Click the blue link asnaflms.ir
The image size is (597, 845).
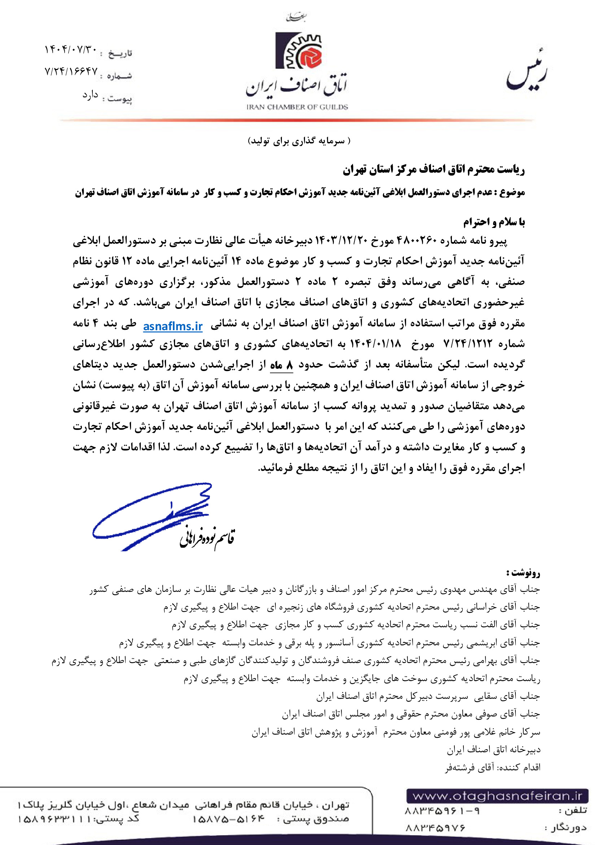tap(173, 326)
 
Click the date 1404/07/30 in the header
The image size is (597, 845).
tap(71, 49)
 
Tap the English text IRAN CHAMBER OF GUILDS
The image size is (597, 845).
tap(297, 107)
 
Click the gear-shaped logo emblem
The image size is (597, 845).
tap(298, 51)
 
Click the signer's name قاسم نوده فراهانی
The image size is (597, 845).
tap(207, 537)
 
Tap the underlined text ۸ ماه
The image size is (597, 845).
tap(281, 365)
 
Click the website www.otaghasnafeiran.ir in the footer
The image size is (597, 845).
tap(497, 796)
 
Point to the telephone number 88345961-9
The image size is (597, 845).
tap(442, 810)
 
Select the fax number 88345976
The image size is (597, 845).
tap(435, 828)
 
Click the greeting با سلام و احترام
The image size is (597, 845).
tap(494, 222)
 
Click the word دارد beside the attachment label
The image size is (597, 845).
tap(90, 95)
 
